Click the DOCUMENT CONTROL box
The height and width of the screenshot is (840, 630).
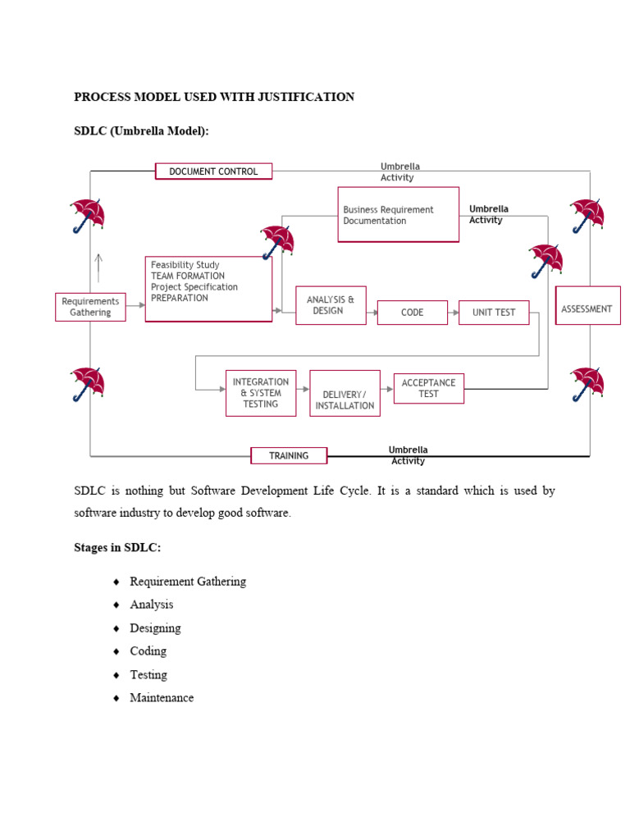click(x=213, y=171)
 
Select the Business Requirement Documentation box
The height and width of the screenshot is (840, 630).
click(x=398, y=215)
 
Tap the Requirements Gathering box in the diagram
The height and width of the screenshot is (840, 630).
click(x=90, y=307)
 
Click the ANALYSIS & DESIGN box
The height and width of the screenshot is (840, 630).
click(x=331, y=305)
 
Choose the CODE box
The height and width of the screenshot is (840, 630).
click(x=412, y=313)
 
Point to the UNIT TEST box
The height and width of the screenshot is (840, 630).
click(x=494, y=313)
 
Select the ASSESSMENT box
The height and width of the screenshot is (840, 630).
click(x=587, y=306)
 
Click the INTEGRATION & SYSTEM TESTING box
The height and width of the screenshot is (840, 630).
click(x=261, y=393)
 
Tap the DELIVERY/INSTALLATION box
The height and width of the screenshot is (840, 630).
click(x=345, y=394)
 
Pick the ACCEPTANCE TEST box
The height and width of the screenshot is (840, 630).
click(x=429, y=388)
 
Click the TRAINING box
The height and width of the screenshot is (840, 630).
click(x=289, y=455)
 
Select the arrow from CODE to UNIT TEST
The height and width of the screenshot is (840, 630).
click(x=453, y=313)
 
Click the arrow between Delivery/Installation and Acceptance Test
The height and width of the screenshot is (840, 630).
click(x=386, y=389)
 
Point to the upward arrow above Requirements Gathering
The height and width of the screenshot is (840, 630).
click(x=98, y=267)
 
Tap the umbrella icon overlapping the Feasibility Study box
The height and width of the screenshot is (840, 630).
click(x=277, y=242)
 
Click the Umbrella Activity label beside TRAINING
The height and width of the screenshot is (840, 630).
click(x=408, y=455)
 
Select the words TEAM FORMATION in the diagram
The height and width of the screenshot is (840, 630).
click(x=188, y=276)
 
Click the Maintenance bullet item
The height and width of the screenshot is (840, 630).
click(x=162, y=698)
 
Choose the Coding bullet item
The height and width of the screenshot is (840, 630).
click(x=148, y=651)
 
